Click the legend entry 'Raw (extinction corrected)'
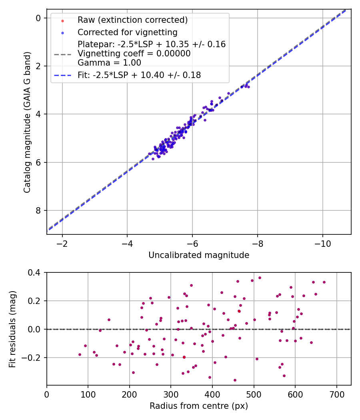point(132,20)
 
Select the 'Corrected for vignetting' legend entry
point(128,32)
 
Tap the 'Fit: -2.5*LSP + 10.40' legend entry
point(139,75)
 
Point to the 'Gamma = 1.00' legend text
point(109,63)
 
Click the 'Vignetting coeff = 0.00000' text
point(134,54)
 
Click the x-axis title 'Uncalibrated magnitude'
point(199,255)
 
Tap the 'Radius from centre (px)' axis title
point(199,406)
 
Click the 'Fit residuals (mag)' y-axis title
point(12,329)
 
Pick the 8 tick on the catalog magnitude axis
point(38,210)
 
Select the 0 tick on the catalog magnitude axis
point(38,18)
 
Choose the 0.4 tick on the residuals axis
point(34,273)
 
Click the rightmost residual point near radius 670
point(324,282)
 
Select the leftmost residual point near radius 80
point(80,354)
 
